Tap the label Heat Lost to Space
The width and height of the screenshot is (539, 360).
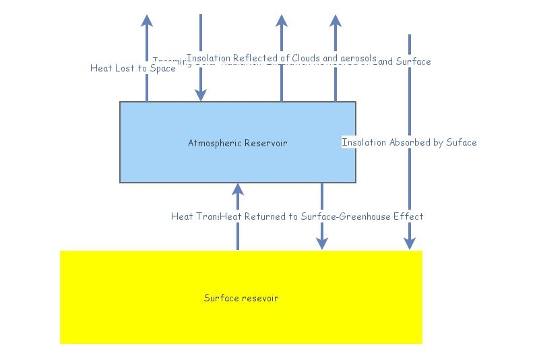[133, 68]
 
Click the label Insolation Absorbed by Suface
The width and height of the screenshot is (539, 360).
[409, 142]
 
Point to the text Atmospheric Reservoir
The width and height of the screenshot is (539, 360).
[237, 142]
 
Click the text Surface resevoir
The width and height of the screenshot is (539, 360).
[241, 298]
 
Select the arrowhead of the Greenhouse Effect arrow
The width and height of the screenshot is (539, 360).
[322, 243]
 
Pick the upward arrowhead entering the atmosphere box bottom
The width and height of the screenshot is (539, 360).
[237, 189]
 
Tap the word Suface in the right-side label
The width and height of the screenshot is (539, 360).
[462, 142]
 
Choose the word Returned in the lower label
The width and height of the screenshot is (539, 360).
[271, 216]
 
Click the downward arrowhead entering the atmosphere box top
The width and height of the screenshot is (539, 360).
[201, 96]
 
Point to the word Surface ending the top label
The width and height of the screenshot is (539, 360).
[413, 61]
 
